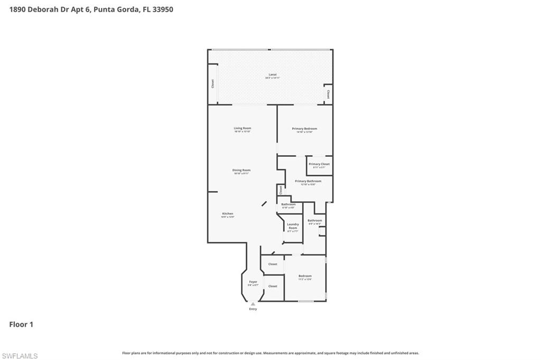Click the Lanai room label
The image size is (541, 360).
(273, 74)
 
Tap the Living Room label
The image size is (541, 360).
(242, 128)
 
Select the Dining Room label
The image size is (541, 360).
(241, 170)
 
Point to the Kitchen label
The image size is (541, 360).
(227, 214)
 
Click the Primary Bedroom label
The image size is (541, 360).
(305, 129)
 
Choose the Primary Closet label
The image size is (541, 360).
(319, 164)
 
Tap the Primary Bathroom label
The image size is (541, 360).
(308, 181)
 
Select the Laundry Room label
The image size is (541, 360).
(293, 226)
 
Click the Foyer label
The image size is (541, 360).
(253, 282)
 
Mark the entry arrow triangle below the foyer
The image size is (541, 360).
(253, 304)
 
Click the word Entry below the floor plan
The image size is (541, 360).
(253, 309)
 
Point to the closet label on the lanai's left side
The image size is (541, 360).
(213, 83)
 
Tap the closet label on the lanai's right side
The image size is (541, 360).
(328, 94)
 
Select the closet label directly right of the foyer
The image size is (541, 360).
(273, 286)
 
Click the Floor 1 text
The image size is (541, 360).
(21, 325)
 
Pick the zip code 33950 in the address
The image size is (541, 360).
(162, 9)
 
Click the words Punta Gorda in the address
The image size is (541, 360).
(117, 9)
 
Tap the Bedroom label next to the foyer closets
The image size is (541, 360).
(305, 276)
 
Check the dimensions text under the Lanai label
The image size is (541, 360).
(273, 78)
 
